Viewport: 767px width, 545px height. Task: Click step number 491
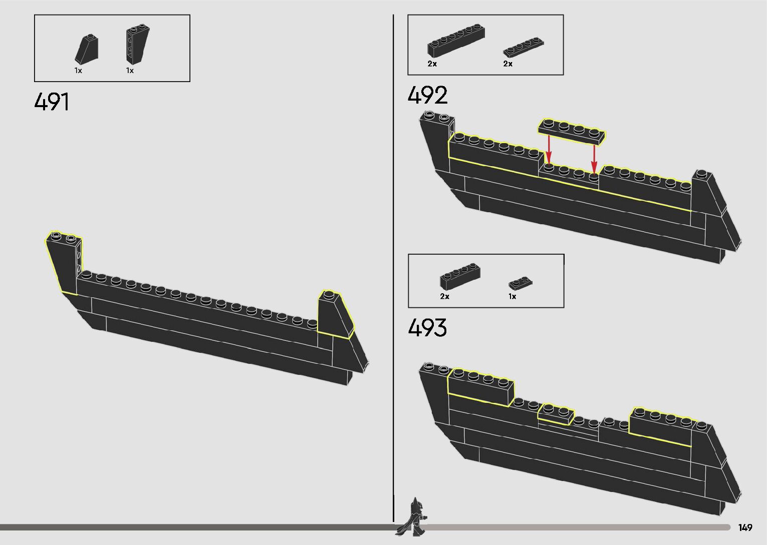click(x=52, y=102)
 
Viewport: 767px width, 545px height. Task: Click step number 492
click(x=427, y=95)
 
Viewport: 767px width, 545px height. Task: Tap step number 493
click(x=427, y=328)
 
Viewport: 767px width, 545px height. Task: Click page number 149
click(x=745, y=527)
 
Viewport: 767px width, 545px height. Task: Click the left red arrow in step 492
click(x=549, y=149)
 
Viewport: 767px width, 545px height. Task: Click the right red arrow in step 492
click(x=594, y=157)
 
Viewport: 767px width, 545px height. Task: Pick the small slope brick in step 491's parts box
click(x=87, y=50)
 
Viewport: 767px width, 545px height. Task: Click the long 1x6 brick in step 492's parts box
click(x=455, y=40)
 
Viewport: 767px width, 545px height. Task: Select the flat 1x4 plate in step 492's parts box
click(x=524, y=47)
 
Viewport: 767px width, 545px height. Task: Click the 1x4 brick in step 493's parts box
click(x=460, y=275)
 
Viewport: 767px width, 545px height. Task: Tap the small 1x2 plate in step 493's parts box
click(x=521, y=284)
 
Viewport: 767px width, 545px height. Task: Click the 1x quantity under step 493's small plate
click(x=512, y=296)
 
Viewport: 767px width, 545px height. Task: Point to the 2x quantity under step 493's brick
click(x=444, y=296)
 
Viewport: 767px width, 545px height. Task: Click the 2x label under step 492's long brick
click(x=432, y=64)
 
